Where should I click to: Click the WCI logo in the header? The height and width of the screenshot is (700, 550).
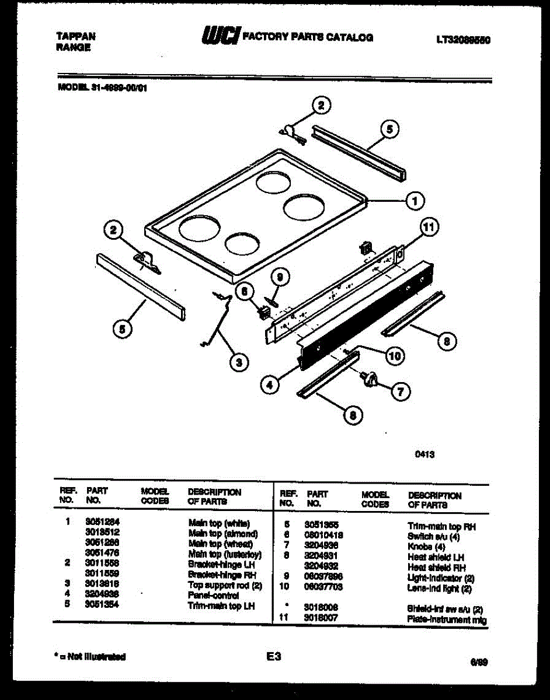[x=221, y=36]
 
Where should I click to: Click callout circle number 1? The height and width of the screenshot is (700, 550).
[x=415, y=201]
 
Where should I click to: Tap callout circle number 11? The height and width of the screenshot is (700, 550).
[x=430, y=228]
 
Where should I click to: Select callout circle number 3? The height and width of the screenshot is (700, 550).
[x=236, y=362]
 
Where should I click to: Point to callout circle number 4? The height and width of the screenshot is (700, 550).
[x=269, y=384]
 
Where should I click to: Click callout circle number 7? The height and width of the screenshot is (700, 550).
[x=400, y=392]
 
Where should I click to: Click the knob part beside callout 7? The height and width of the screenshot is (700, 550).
[x=368, y=379]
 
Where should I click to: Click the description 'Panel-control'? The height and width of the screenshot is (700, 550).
[x=214, y=596]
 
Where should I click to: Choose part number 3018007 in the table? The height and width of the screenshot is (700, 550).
[x=321, y=617]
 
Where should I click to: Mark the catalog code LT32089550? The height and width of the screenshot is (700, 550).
[x=463, y=40]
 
